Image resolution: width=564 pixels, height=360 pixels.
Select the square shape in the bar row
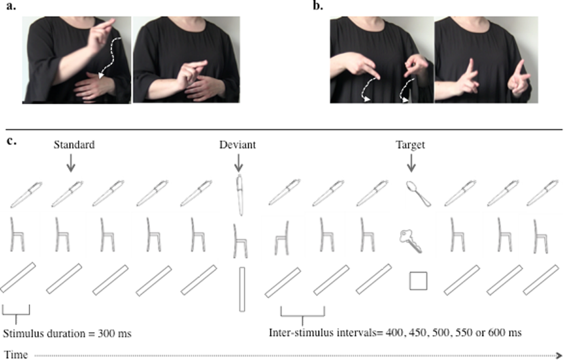[417, 282]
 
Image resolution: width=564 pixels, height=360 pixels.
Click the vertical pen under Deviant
[240, 195]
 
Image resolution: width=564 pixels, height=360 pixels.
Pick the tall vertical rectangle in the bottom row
[242, 289]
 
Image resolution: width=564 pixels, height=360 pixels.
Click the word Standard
[74, 145]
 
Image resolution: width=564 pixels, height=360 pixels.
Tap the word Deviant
[237, 145]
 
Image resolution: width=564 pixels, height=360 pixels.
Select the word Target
[410, 145]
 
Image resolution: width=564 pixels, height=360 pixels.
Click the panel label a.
[10, 7]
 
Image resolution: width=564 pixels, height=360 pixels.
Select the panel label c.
[10, 140]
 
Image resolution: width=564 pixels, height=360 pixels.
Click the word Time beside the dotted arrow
[16, 354]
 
